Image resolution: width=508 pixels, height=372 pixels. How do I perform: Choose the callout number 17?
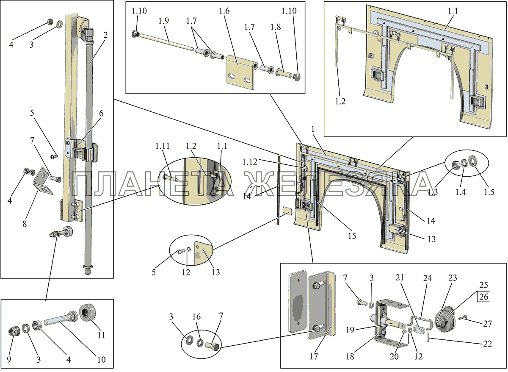click(x=313, y=357)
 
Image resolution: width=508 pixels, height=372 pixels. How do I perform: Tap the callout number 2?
click(x=105, y=36)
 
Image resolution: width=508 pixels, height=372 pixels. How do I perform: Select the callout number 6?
click(x=101, y=113)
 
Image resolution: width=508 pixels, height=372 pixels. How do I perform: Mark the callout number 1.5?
click(x=489, y=192)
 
